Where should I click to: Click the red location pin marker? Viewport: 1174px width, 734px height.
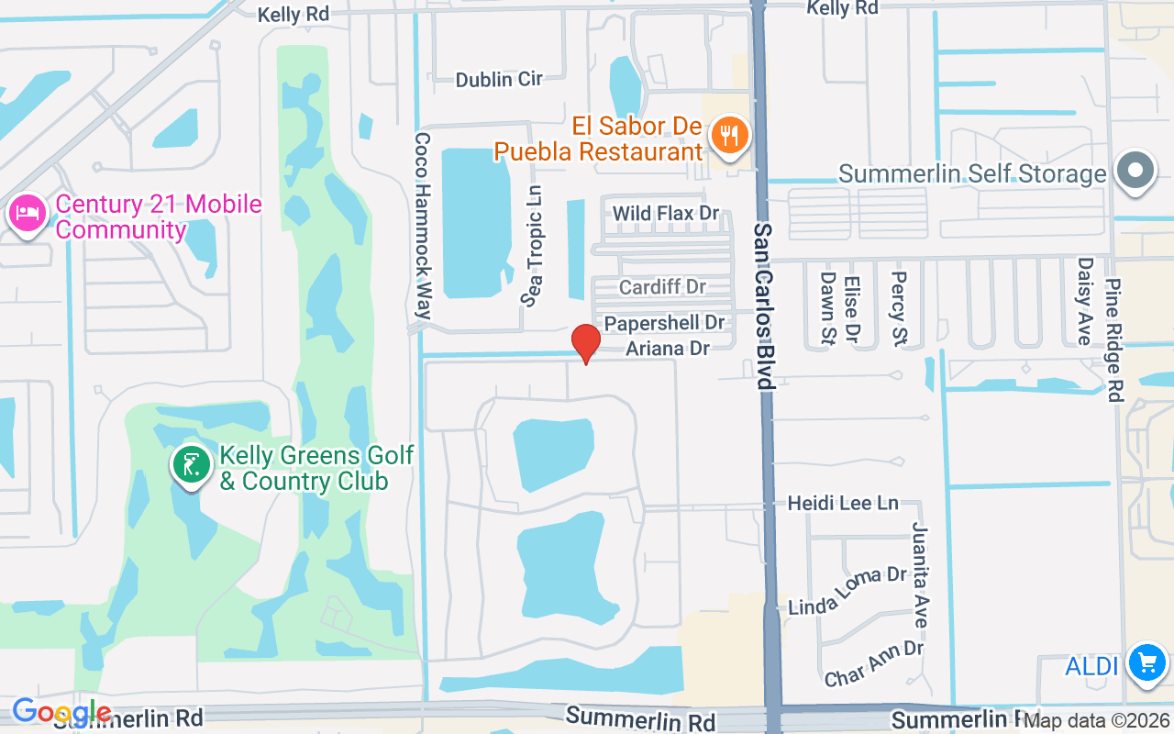point(586,342)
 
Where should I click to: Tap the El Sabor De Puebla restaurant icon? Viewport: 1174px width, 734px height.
point(730,136)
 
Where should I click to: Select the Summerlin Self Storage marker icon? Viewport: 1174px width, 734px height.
point(1135,171)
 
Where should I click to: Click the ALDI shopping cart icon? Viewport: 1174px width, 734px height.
point(1146,662)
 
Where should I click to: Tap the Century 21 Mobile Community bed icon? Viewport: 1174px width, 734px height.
point(27,214)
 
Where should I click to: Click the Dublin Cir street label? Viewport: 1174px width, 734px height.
point(499,80)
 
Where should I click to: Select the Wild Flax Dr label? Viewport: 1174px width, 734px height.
point(666,214)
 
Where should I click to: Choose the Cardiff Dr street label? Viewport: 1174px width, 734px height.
point(662,287)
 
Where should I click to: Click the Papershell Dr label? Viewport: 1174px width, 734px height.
point(664,323)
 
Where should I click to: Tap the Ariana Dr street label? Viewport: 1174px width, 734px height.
point(668,349)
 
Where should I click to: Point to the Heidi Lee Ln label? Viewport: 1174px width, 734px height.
point(843,504)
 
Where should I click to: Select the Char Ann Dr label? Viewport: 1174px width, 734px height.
point(873,663)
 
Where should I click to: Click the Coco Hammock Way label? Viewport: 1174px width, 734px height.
point(422,226)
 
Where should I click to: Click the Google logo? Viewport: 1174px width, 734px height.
point(61,711)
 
